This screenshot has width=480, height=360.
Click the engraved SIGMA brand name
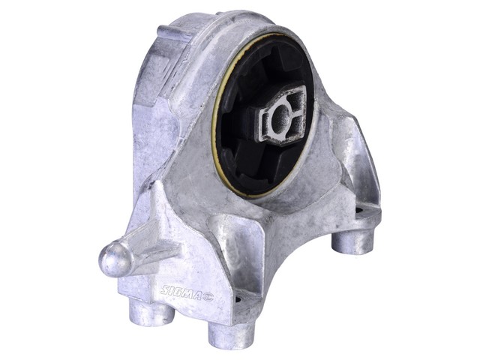[x=181, y=292]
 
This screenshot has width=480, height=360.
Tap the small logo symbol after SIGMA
[x=208, y=297]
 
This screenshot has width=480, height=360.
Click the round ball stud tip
[x=115, y=258]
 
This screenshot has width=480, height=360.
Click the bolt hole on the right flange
[x=359, y=211]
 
